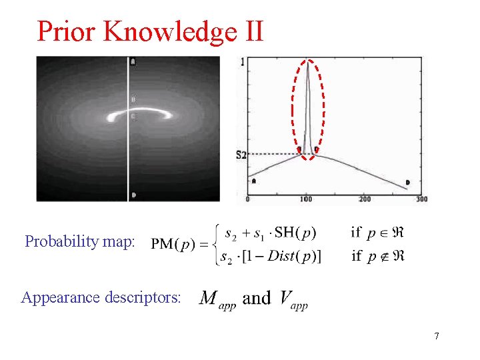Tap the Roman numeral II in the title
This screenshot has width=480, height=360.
point(251,31)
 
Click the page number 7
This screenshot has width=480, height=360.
point(437,336)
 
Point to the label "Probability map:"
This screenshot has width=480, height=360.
point(80,241)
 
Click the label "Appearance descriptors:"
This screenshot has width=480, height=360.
point(101,297)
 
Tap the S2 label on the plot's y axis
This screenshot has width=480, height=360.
point(241,155)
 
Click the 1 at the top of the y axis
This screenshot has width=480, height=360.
point(242,63)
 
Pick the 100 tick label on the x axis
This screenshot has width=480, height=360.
point(305,199)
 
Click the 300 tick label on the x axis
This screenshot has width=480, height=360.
point(421,199)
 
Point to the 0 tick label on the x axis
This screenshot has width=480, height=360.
point(248,199)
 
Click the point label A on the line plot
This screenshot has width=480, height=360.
point(254,181)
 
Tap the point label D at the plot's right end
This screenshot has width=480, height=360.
point(408,183)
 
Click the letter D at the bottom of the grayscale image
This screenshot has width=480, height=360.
point(134,195)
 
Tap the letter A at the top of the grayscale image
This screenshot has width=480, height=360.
point(134,62)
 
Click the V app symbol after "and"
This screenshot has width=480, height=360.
point(291,298)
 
